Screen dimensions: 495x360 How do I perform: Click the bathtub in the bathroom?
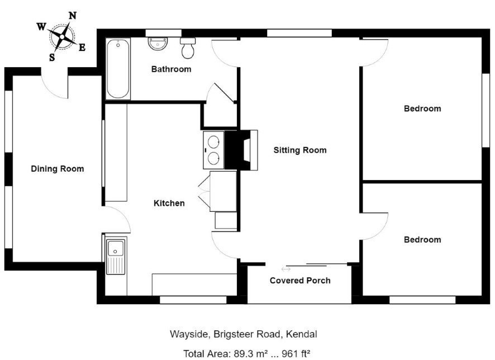coord(118,69)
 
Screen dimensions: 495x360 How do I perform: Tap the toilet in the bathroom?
coord(188,48)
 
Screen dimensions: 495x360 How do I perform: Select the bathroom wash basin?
coord(158,44)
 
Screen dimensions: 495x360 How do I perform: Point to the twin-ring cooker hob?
coord(214,150)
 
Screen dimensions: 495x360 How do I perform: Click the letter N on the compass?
coord(73,16)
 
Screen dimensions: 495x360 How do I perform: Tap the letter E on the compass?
coord(82,48)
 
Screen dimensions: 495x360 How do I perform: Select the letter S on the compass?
coord(52,57)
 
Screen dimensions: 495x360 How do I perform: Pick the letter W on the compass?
coord(41,27)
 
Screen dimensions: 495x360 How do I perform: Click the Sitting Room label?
coord(300,150)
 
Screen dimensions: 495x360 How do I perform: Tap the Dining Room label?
coord(58,169)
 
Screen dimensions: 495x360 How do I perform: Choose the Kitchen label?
coord(169,203)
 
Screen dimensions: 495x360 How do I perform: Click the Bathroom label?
coord(172,69)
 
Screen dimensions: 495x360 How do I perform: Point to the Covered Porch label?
coord(300,281)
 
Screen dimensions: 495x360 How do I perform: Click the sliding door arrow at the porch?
coord(286,269)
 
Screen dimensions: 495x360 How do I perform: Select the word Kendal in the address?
coord(302,334)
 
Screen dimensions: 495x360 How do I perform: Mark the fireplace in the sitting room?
coord(246,150)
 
